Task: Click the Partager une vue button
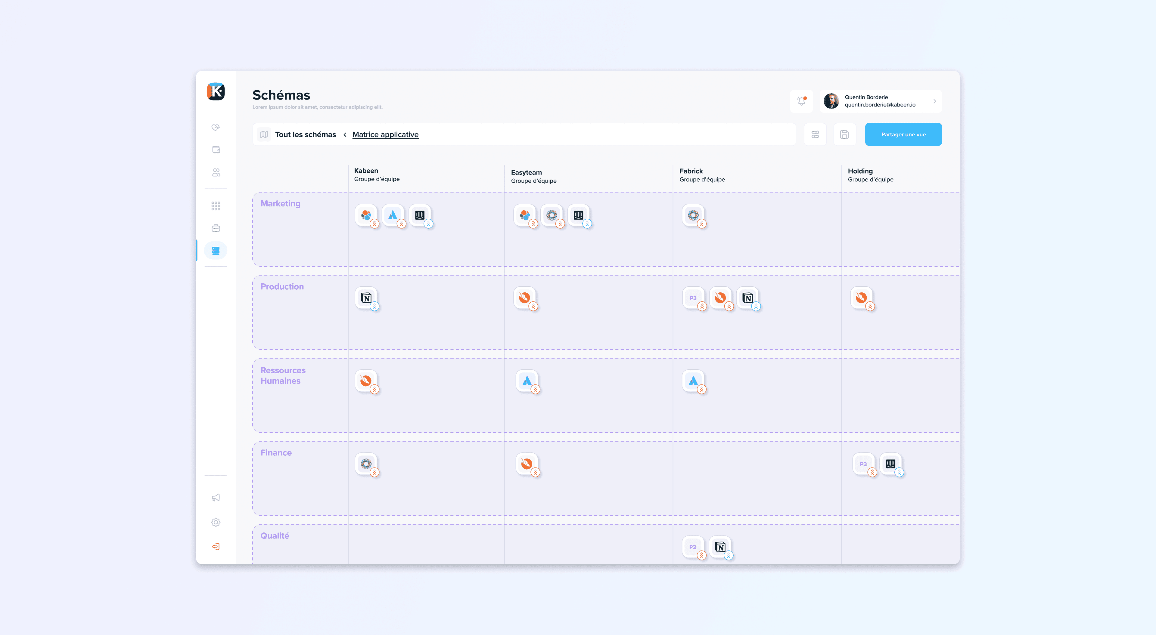tap(903, 134)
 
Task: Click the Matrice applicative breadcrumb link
tap(385, 134)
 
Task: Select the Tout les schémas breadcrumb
tap(305, 134)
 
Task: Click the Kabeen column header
tap(366, 171)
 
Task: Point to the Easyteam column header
tap(526, 173)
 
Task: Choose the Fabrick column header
tap(691, 171)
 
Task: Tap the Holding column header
tap(860, 171)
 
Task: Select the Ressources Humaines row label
tap(283, 375)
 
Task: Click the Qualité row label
tap(275, 536)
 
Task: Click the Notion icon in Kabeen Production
tap(366, 298)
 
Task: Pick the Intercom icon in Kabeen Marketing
tap(420, 215)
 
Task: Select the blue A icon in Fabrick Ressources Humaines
tap(693, 381)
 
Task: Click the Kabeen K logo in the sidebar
tap(216, 91)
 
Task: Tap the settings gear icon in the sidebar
tap(216, 522)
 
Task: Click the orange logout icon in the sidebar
tap(216, 547)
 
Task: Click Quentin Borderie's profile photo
tap(831, 101)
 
